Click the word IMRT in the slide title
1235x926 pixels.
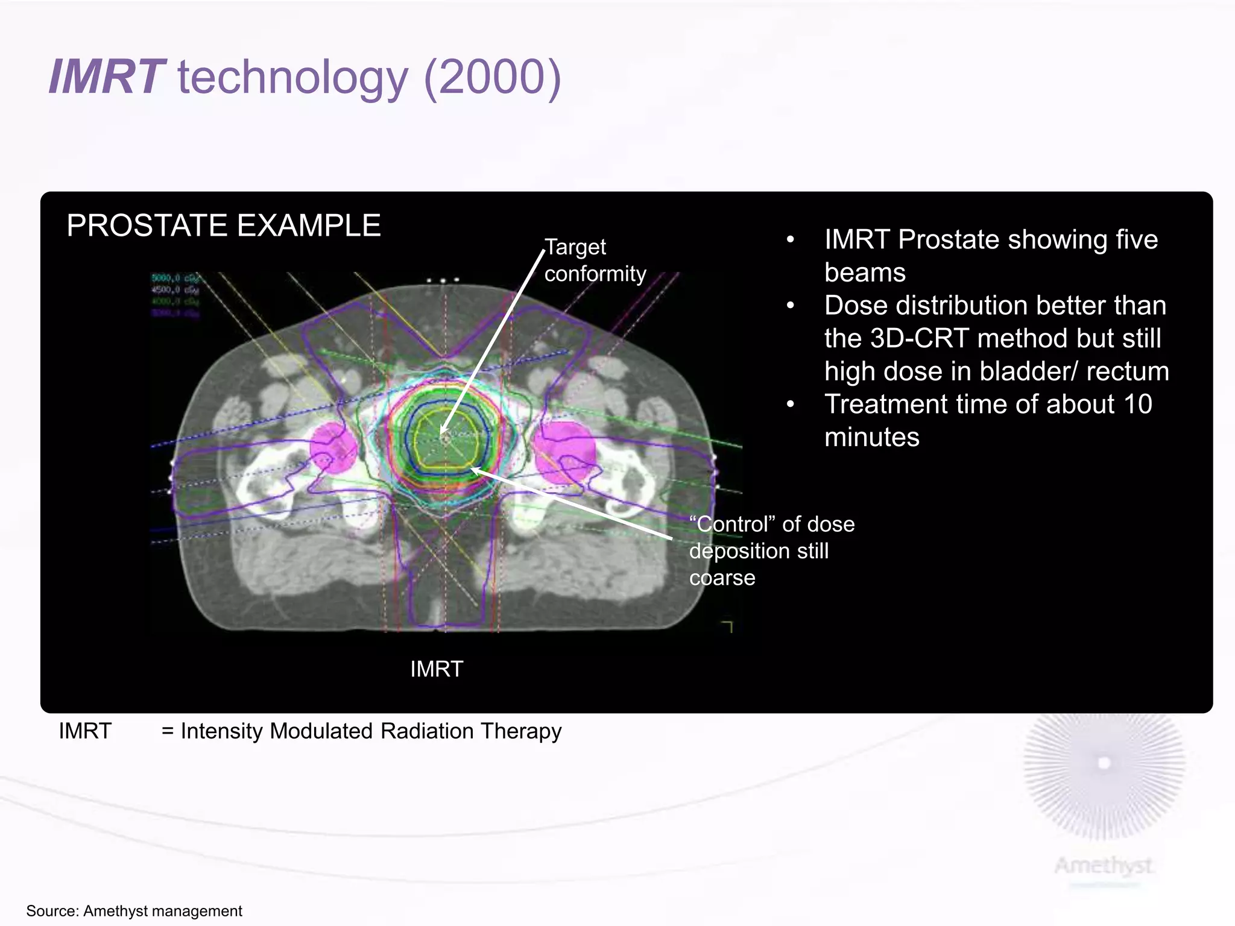[x=106, y=77]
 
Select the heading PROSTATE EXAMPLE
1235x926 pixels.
[x=223, y=226]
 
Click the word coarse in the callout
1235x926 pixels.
[x=722, y=578]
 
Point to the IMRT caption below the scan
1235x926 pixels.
[x=437, y=669]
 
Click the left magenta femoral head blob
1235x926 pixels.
[x=332, y=447]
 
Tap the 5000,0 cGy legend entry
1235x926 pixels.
[x=175, y=278]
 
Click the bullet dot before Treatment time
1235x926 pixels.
[x=791, y=405]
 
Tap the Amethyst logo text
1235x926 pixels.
[x=1104, y=866]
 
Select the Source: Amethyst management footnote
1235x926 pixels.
[x=134, y=911]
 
